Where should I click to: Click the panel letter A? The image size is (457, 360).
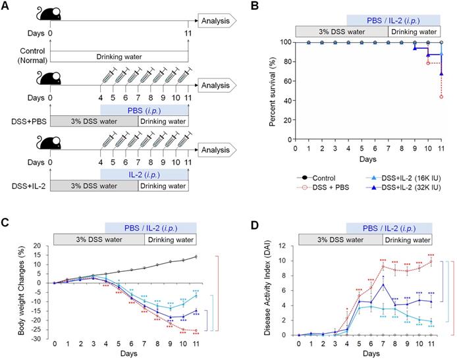[7, 8]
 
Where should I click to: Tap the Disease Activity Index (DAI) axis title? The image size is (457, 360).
[268, 290]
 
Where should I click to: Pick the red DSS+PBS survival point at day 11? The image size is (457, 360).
[441, 97]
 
